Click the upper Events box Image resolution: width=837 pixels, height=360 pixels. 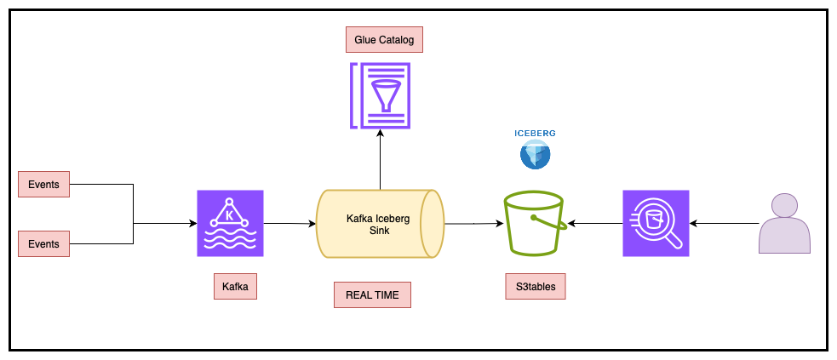tap(43, 185)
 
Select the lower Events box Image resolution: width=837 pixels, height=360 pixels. tap(43, 243)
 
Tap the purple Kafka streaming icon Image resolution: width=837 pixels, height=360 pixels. tap(230, 224)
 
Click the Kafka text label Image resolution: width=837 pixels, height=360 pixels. tap(235, 287)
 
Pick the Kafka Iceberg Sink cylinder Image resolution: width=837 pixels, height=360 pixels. tap(380, 224)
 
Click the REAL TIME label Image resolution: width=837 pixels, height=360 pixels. tap(373, 295)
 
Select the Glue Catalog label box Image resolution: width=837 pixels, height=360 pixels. tap(384, 39)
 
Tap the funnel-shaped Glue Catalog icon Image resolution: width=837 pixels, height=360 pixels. tap(380, 95)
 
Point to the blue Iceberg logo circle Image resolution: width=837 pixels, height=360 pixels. tap(535, 155)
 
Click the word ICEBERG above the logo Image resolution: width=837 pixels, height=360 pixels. tap(535, 134)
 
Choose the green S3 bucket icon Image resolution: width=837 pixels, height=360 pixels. tap(535, 224)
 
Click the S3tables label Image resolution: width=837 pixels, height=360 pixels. tap(536, 287)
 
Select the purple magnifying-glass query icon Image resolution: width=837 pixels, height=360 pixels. tap(656, 224)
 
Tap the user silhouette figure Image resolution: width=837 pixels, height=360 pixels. tap(785, 223)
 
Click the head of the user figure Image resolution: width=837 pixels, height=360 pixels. tap(785, 205)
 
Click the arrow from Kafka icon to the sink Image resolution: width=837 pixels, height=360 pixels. tap(290, 224)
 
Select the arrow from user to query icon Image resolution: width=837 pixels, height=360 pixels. tap(724, 224)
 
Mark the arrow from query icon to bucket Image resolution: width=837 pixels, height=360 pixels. tap(594, 224)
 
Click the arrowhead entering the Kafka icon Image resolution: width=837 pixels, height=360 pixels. tap(194, 224)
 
